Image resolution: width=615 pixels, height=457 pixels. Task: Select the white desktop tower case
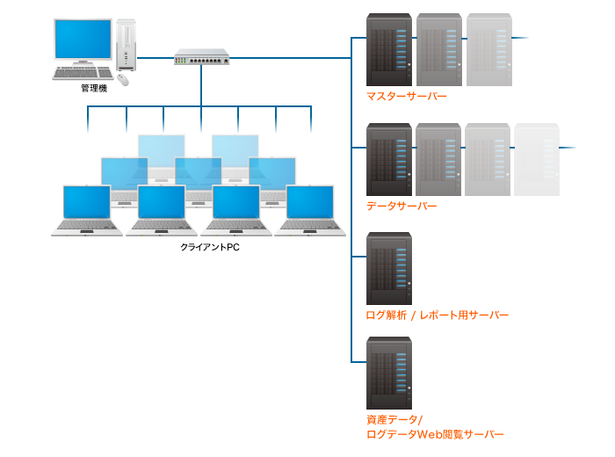pyautogui.click(x=127, y=44)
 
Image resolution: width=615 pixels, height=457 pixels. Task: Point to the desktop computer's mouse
pyautogui.click(x=122, y=79)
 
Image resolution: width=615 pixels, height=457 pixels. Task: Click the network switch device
pyautogui.click(x=201, y=57)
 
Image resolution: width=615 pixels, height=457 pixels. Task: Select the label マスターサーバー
pyautogui.click(x=407, y=97)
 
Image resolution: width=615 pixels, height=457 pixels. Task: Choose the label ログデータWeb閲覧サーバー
pyautogui.click(x=435, y=434)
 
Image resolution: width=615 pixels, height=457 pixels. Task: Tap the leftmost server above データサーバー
pyautogui.click(x=389, y=159)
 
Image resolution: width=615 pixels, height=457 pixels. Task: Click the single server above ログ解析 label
pyautogui.click(x=389, y=267)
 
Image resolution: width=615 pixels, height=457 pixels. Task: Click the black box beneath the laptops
pyautogui.click(x=212, y=249)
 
